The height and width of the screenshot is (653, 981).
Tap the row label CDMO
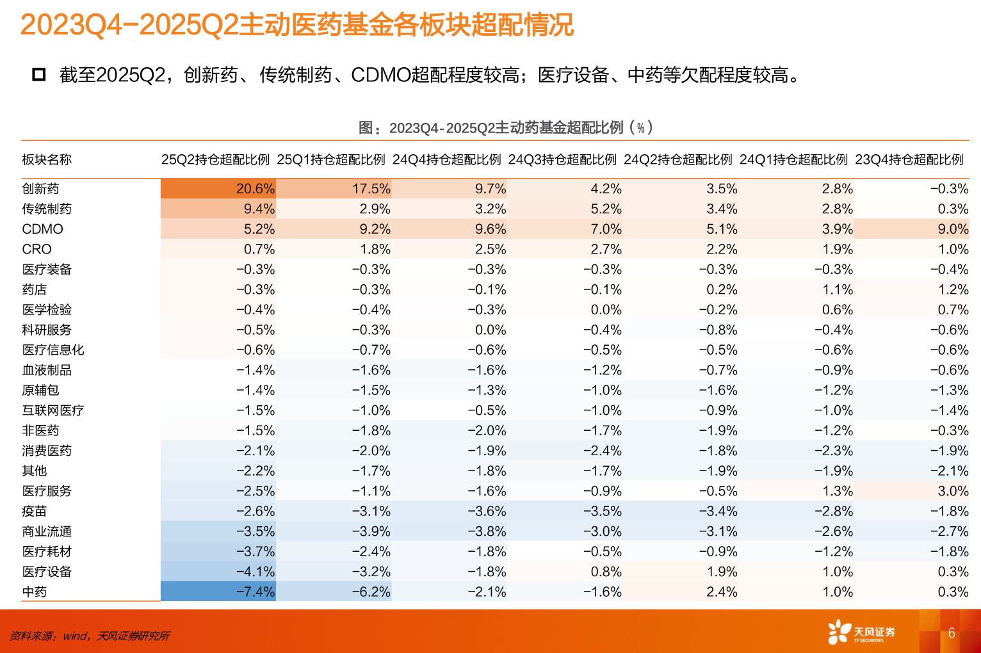42,229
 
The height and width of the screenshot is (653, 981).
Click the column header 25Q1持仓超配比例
331,159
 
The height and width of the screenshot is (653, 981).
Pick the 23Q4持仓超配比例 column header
909,159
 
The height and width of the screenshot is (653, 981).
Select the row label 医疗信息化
53,350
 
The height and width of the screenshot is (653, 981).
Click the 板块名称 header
47,159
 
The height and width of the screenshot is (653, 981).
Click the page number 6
952,633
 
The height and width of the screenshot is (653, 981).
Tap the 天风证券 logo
861,633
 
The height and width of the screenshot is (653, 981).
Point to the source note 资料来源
90,636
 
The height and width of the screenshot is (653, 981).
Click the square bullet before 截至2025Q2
39,75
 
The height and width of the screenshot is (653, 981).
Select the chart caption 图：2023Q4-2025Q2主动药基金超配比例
505,127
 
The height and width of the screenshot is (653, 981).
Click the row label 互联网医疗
53,410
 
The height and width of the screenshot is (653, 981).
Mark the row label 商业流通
47,531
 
